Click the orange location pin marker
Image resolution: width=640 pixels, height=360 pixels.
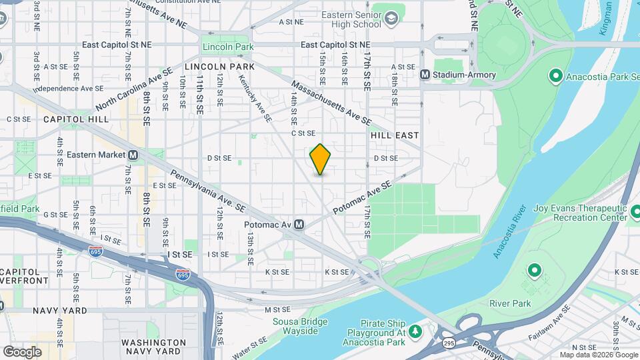click(x=320, y=159)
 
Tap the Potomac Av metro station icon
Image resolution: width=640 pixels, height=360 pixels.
click(x=299, y=225)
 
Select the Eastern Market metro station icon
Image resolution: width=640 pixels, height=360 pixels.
click(x=133, y=155)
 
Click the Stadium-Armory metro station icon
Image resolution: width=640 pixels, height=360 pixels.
click(x=425, y=75)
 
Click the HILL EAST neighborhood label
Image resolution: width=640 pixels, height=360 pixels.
click(x=395, y=135)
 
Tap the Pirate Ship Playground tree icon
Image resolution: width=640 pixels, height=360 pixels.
click(x=416, y=331)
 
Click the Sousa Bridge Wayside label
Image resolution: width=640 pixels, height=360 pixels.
click(x=300, y=327)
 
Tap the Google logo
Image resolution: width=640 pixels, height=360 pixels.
click(x=22, y=351)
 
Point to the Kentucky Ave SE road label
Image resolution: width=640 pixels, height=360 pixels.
click(x=255, y=97)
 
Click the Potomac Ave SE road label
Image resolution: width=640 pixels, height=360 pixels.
click(x=361, y=198)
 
